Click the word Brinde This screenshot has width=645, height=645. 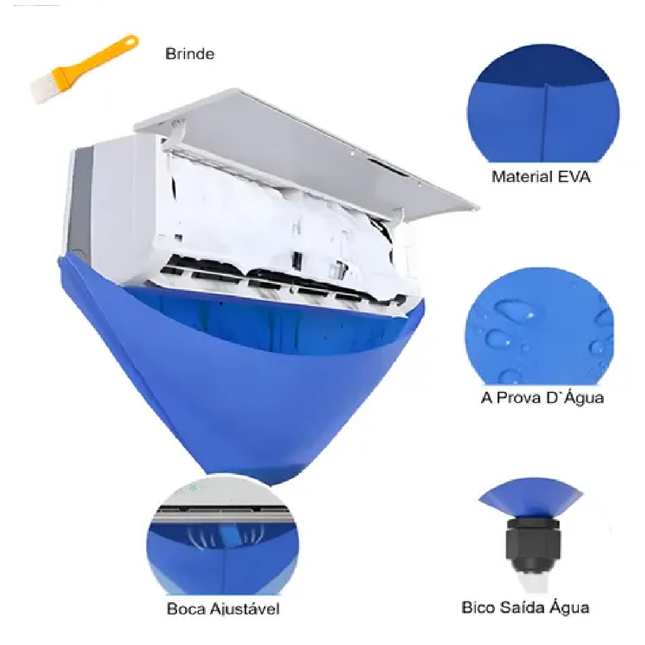(x=190, y=54)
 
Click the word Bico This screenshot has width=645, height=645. (x=478, y=608)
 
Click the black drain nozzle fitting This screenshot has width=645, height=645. (x=532, y=545)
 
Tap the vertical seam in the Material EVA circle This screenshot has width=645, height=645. (x=544, y=123)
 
